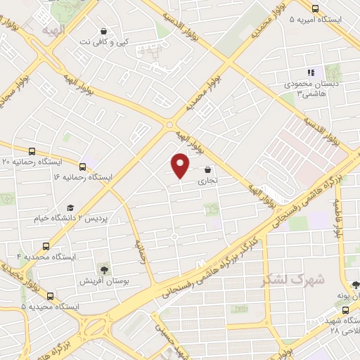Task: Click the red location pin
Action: point(181,165)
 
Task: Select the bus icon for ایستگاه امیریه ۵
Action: point(314,9)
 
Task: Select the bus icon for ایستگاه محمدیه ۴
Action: point(46,247)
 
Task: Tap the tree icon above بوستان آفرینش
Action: point(105,269)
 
